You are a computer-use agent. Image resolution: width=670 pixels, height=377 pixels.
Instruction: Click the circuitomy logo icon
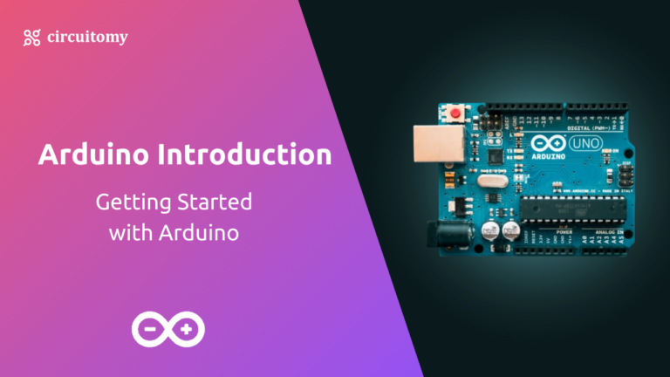(x=32, y=37)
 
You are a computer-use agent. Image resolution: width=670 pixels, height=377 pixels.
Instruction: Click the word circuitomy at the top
(x=87, y=37)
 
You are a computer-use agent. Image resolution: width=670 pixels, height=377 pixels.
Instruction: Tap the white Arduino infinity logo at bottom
(x=168, y=329)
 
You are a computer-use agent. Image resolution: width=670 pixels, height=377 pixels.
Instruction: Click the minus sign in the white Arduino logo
(x=151, y=329)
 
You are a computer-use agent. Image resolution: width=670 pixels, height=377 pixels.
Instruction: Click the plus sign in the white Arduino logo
(x=186, y=329)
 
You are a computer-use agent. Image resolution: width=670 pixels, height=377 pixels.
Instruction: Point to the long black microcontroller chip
(x=567, y=209)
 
